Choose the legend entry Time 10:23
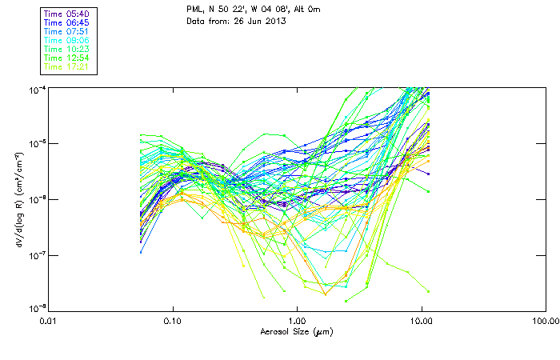(67, 50)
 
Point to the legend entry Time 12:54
(67, 58)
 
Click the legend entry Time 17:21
(67, 67)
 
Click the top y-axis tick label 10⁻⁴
(38, 89)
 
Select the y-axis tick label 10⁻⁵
(38, 144)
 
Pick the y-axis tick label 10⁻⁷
(38, 255)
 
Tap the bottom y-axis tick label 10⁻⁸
(38, 310)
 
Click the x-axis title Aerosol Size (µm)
(297, 330)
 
